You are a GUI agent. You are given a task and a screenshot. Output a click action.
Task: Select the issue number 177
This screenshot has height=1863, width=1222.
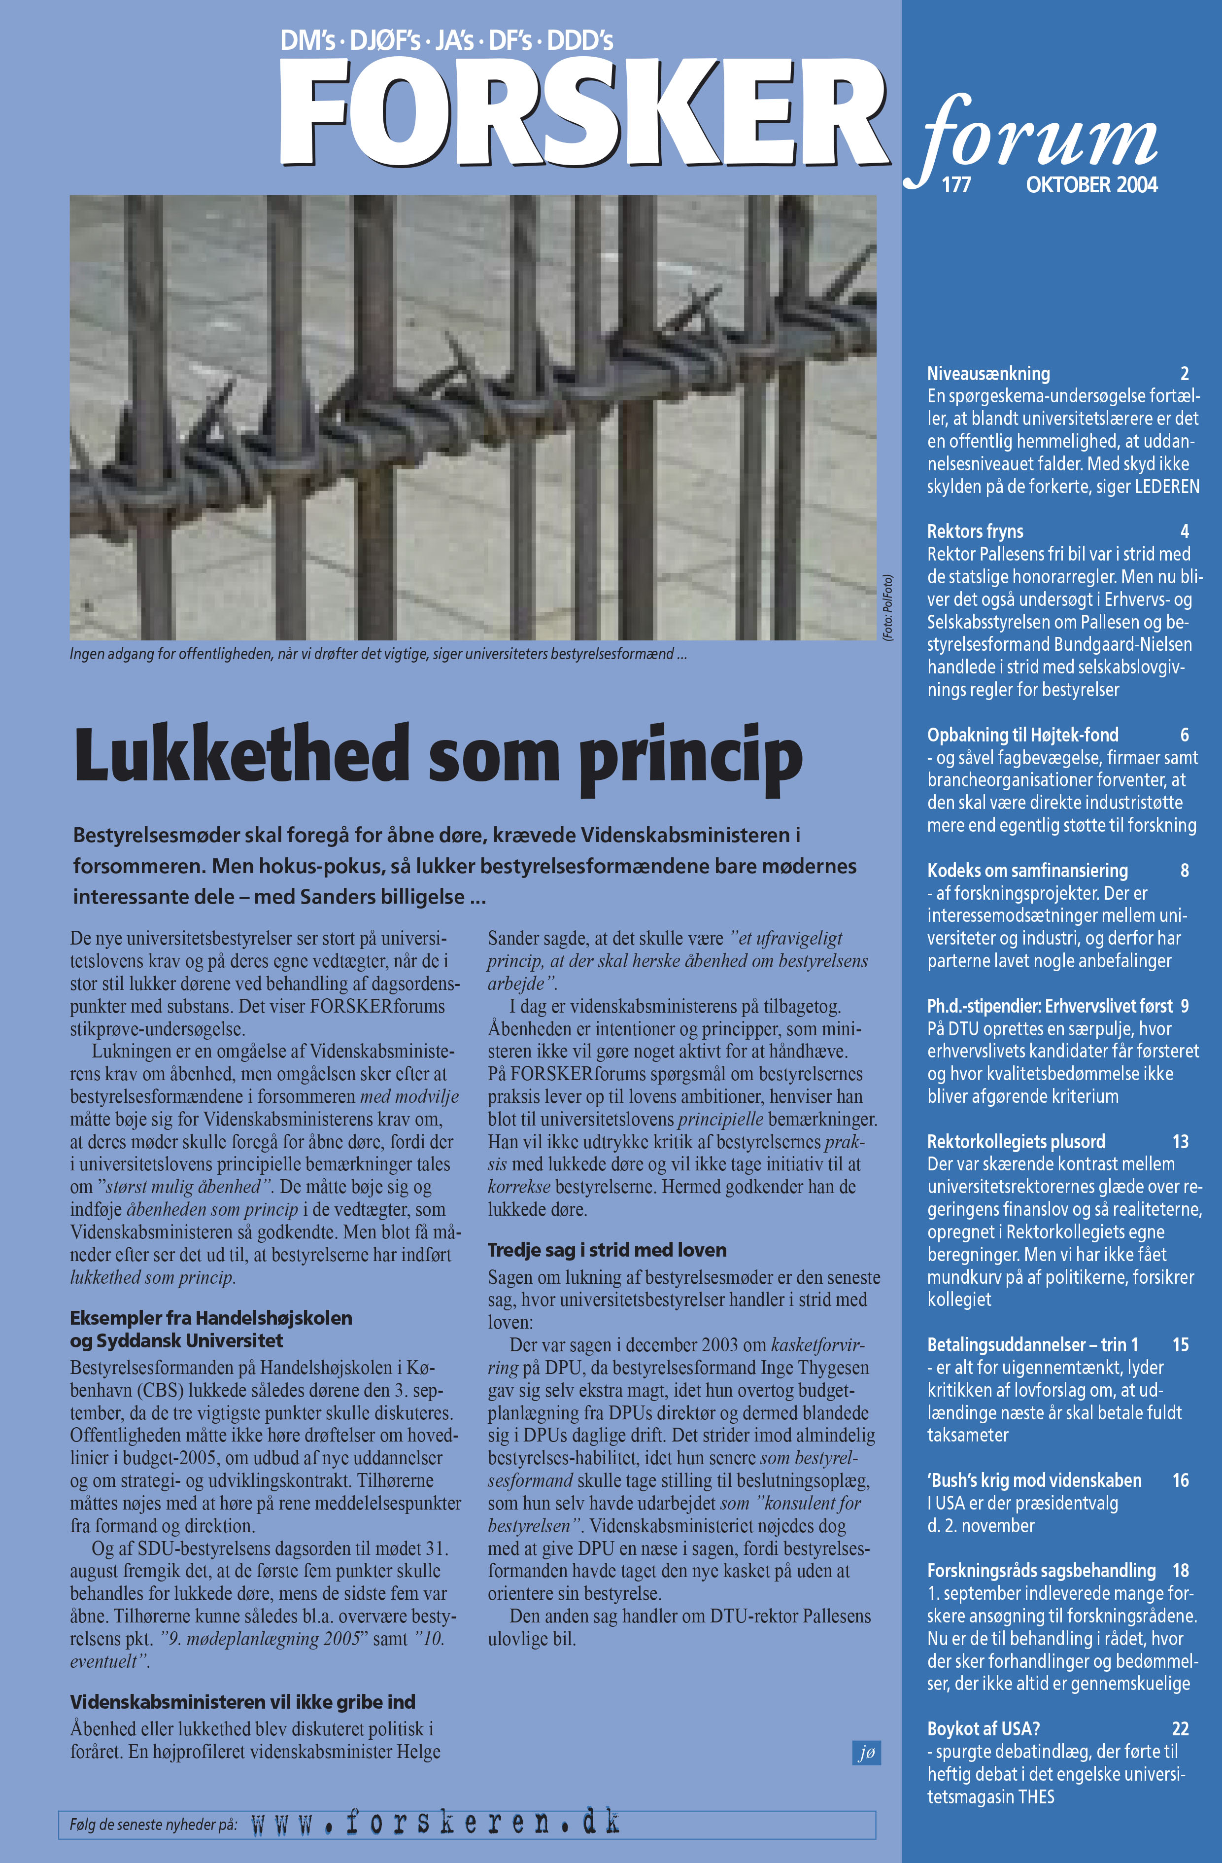coord(956,185)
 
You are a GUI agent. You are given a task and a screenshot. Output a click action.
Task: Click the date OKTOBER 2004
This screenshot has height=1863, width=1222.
coord(1091,185)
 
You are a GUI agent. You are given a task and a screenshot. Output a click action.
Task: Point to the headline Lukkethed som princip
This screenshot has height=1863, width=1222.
coord(438,755)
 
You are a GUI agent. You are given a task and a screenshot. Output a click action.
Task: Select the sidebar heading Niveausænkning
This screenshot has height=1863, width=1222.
coord(988,373)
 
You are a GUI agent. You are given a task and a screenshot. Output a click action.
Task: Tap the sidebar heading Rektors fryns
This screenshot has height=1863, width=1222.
coord(975,531)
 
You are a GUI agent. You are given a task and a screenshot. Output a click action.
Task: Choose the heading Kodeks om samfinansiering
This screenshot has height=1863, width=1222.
coord(1027,871)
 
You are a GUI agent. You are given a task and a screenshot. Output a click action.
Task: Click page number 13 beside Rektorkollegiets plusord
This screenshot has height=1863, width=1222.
coord(1181,1141)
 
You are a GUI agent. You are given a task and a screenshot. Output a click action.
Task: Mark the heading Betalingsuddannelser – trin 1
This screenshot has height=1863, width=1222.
coord(1033,1345)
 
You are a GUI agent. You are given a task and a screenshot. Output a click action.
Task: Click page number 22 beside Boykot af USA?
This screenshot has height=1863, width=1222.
coord(1181,1728)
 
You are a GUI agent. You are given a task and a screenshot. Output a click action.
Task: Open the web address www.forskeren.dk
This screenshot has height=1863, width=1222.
coord(435,1823)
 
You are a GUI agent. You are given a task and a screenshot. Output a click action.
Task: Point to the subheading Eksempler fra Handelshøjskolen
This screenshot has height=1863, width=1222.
coord(211,1318)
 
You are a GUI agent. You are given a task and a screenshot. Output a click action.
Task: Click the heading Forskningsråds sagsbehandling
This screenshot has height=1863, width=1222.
coord(1041,1570)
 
